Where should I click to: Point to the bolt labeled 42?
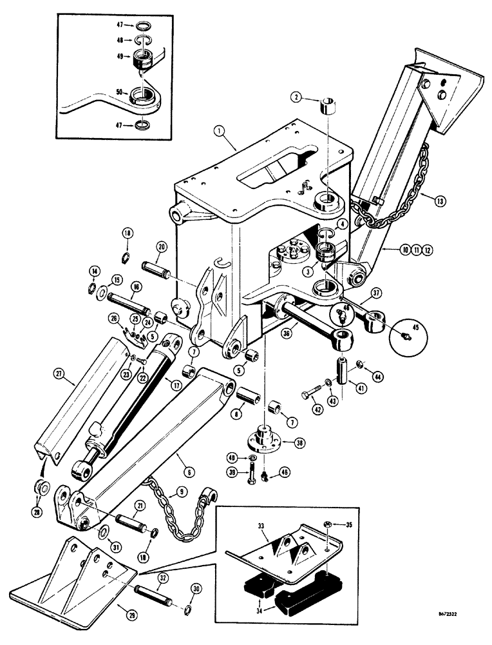pyautogui.click(x=311, y=391)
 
